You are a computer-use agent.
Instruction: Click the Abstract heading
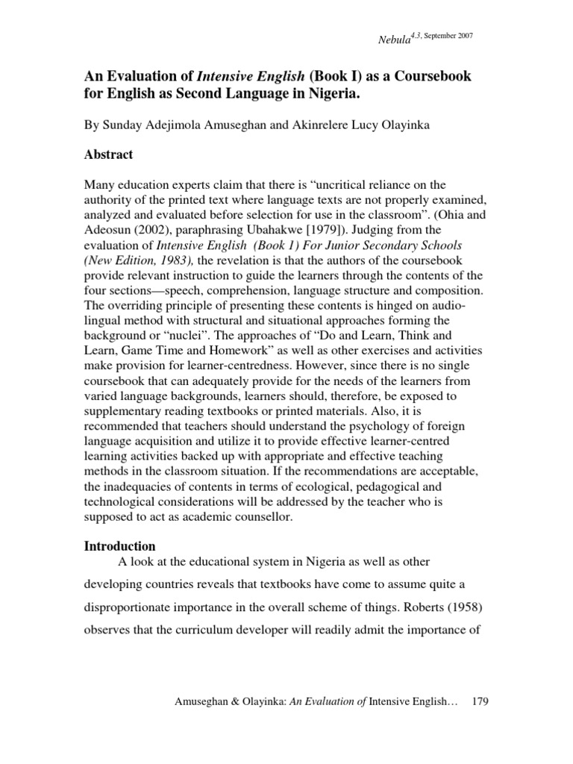pos(108,154)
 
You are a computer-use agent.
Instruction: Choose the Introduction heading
pos(119,546)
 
